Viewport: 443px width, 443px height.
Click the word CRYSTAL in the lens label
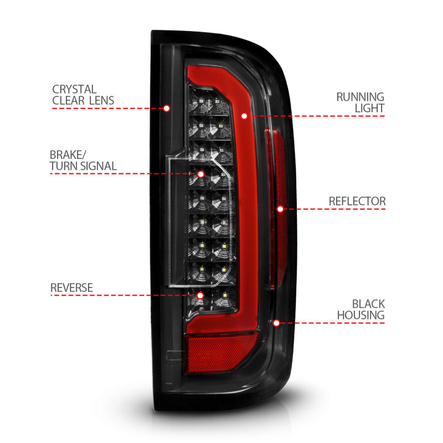74,89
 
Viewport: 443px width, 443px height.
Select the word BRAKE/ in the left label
66,154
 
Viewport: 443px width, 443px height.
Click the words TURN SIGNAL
83,166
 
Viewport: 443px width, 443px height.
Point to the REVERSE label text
71,287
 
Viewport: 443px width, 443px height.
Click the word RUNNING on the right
360,97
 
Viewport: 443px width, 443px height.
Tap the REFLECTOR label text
357,200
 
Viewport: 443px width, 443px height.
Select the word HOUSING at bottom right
361,316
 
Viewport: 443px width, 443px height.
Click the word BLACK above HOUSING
368,304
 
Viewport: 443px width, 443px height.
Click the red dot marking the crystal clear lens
166,108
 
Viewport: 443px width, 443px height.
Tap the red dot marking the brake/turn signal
200,173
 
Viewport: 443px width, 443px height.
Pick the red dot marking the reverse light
200,295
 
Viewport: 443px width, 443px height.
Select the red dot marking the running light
244,116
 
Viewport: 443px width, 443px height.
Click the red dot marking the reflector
280,209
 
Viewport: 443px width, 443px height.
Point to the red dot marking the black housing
276,322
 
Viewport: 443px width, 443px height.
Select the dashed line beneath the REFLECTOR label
338,209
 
